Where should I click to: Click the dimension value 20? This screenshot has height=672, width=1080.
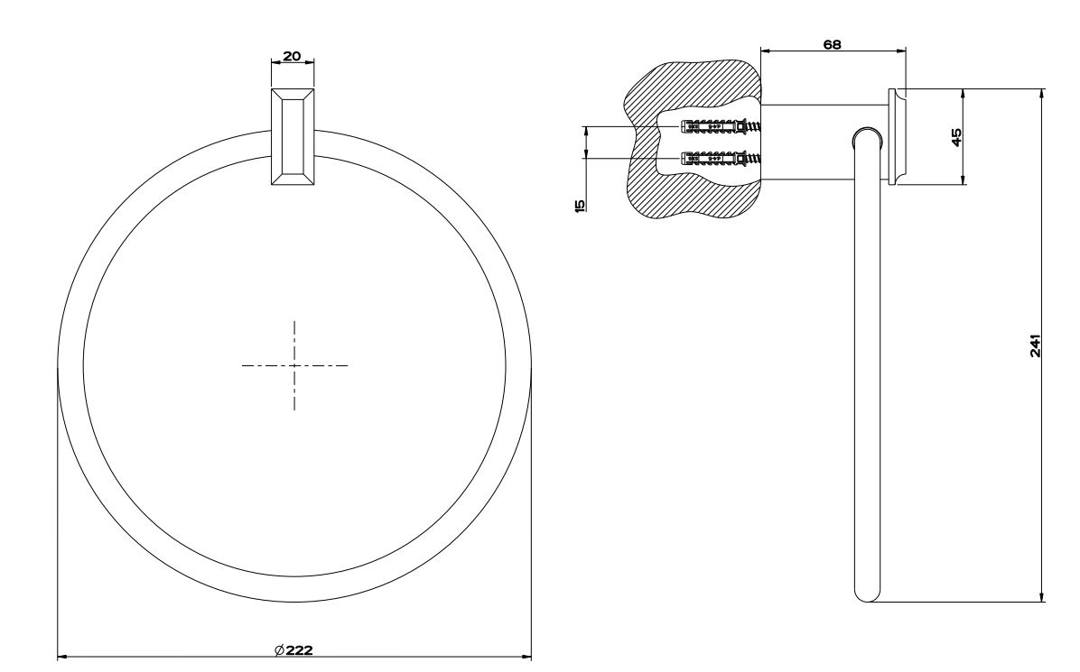coord(292,56)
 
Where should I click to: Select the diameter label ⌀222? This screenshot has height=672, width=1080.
coord(293,650)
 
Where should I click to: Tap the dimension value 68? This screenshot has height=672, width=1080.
coord(832,45)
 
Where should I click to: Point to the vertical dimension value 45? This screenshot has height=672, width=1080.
coord(956,137)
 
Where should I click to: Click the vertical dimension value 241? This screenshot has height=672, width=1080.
coord(1035,345)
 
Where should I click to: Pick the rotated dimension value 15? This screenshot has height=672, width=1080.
coord(579,205)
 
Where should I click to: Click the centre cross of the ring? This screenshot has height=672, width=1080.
coord(294,365)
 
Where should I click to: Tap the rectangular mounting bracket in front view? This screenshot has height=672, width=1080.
coord(293,136)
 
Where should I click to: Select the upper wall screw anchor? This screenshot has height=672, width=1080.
coord(721,126)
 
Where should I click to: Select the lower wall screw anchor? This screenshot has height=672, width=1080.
coord(721,159)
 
